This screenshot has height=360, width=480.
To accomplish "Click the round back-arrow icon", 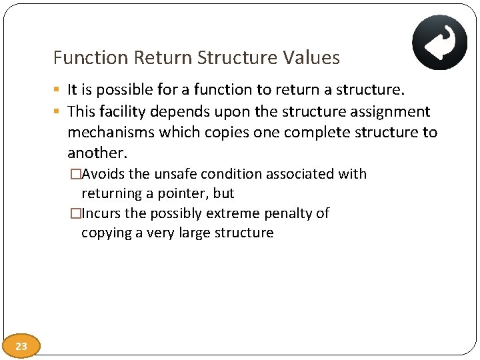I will (x=439, y=42).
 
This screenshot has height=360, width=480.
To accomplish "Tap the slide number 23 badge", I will (x=21, y=346).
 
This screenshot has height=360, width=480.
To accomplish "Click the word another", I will (x=97, y=153).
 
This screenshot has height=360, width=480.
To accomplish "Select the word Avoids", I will (x=104, y=174).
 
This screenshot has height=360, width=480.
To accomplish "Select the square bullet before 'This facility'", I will (x=58, y=111).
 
